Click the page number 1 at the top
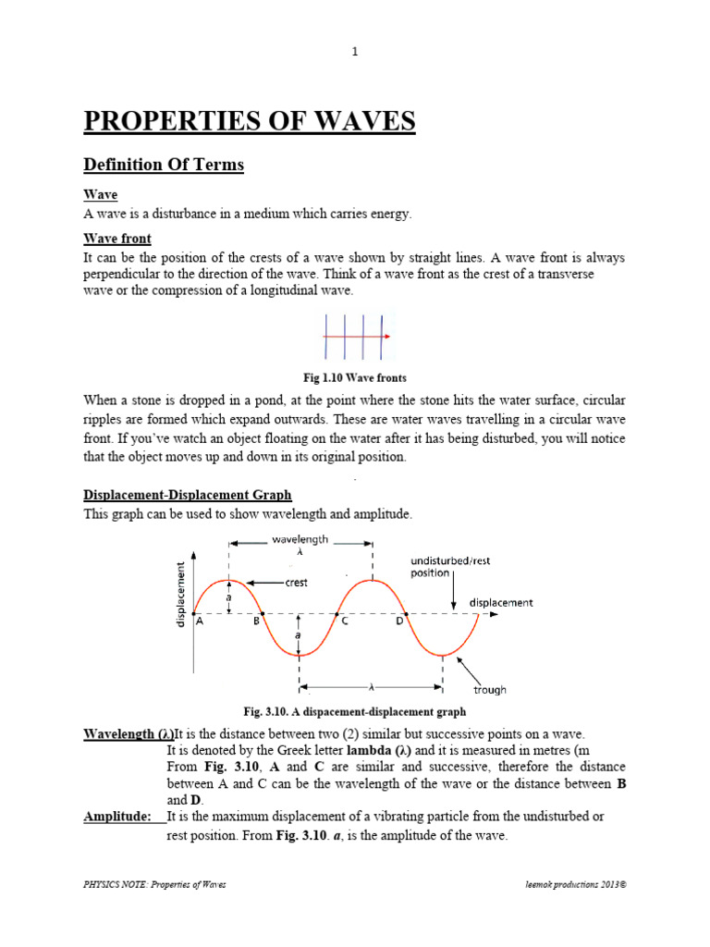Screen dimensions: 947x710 click(x=355, y=52)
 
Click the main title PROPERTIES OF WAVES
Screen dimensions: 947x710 click(x=250, y=121)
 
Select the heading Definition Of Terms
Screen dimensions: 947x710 click(x=164, y=165)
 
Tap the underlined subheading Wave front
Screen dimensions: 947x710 click(x=117, y=239)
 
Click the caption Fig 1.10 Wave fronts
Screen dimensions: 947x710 click(x=355, y=378)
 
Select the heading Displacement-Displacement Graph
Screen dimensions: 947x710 click(x=188, y=496)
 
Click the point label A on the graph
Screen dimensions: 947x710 click(x=200, y=622)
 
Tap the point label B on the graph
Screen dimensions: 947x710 click(x=256, y=622)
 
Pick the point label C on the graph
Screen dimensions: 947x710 click(x=344, y=622)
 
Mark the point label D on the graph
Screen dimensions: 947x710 click(x=399, y=622)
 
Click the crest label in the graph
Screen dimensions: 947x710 click(x=296, y=584)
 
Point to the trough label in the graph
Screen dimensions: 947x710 click(x=490, y=690)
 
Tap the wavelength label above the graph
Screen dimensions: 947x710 click(x=299, y=539)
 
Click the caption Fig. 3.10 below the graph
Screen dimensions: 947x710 click(x=354, y=712)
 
